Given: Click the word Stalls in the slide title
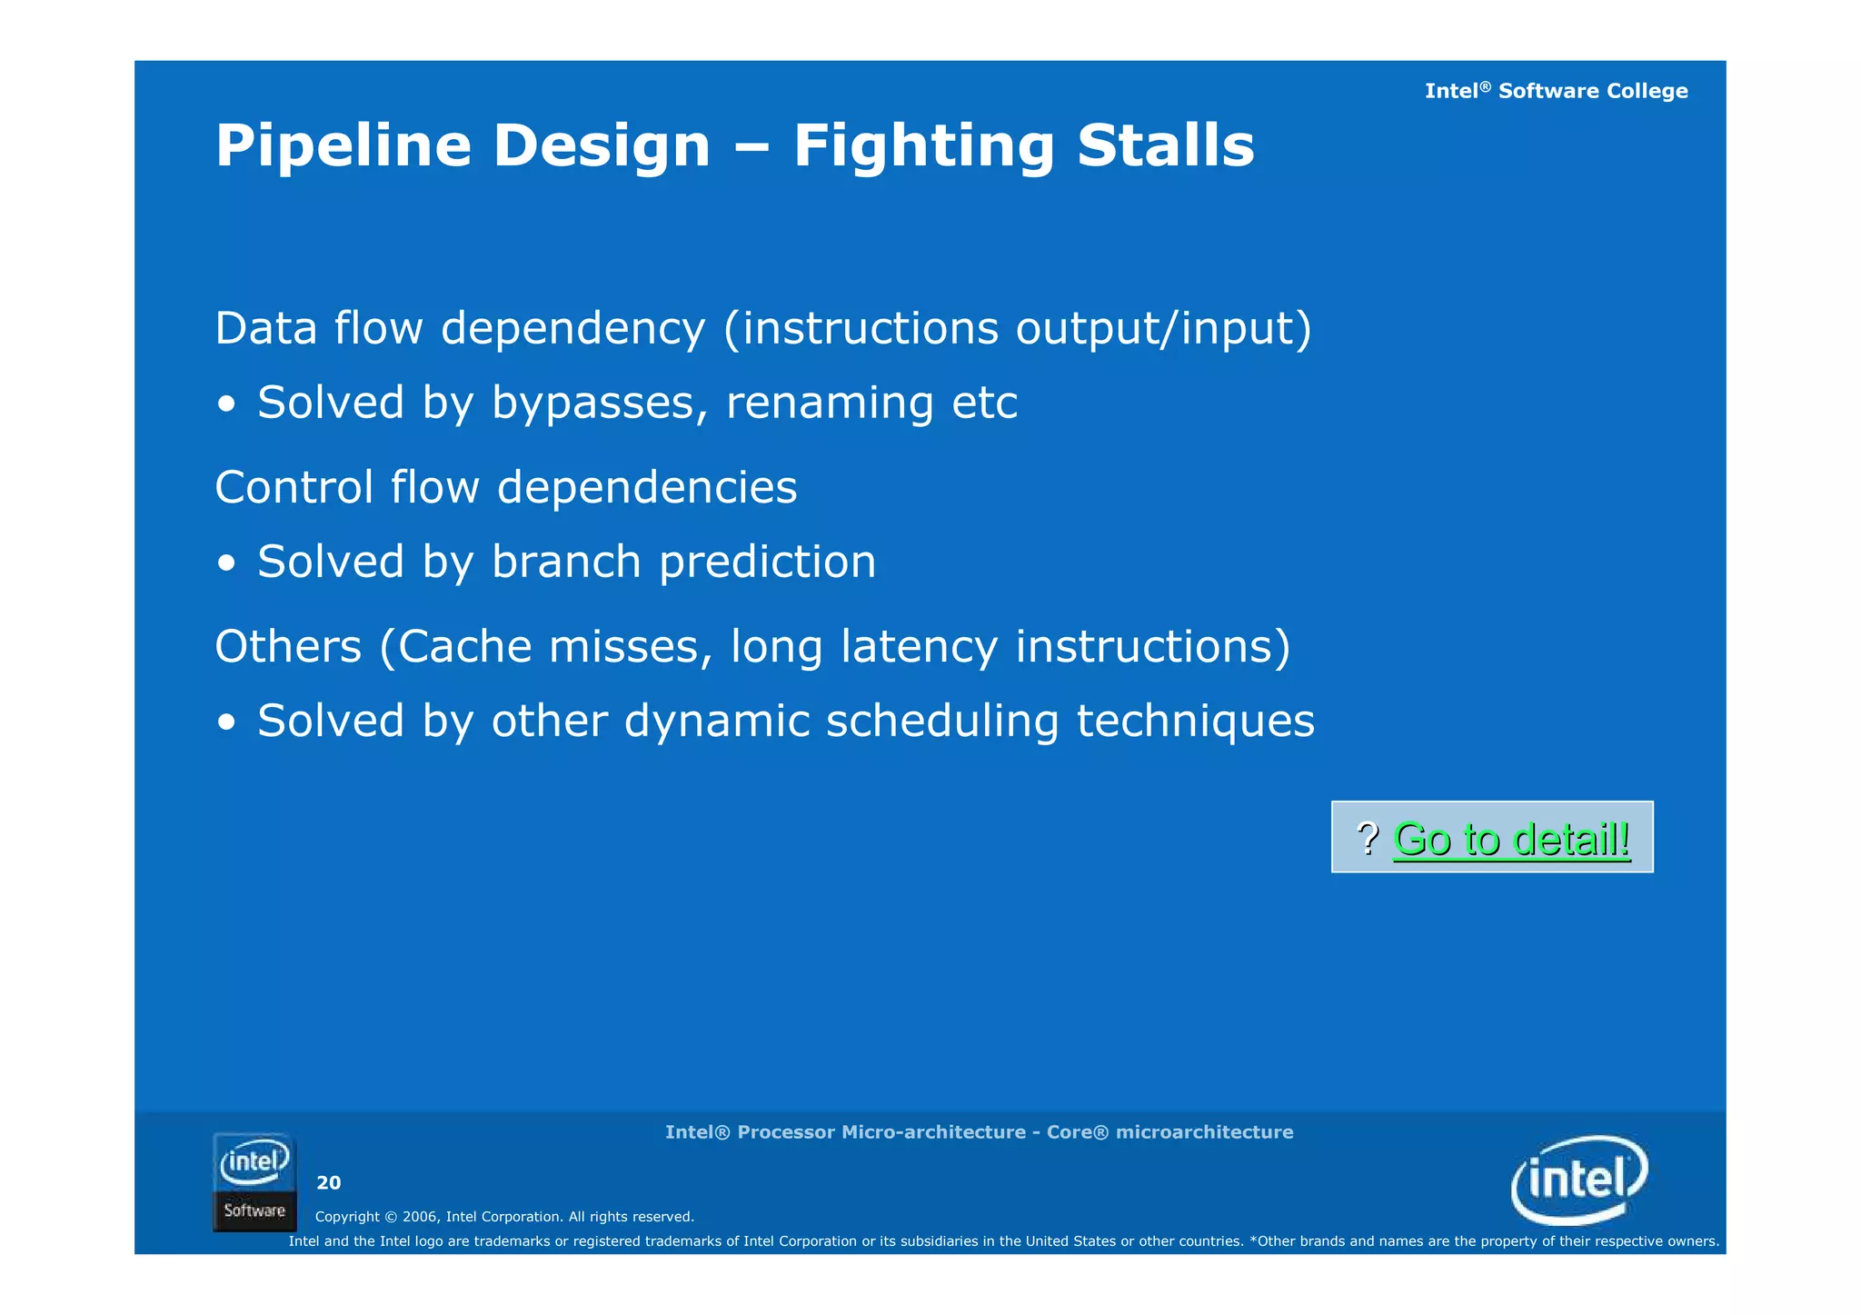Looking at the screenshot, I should pyautogui.click(x=1165, y=146).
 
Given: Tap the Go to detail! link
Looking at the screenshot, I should pyautogui.click(x=1511, y=839).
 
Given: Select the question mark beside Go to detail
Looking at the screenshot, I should pyautogui.click(x=1368, y=838).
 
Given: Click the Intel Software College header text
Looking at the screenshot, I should pyautogui.click(x=1556, y=91).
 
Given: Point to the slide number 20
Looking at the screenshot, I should pyautogui.click(x=328, y=1182).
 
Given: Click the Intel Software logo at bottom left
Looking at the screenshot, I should pyautogui.click(x=254, y=1181).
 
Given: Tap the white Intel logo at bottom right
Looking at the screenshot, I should pyautogui.click(x=1579, y=1180).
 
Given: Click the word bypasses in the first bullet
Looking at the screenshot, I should pyautogui.click(x=600, y=403).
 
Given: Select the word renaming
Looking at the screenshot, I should pyautogui.click(x=830, y=403).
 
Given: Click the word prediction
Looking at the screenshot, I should pyautogui.click(x=768, y=562).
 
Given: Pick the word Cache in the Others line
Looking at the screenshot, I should pyautogui.click(x=463, y=647).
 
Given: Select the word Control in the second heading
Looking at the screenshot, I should pyautogui.click(x=294, y=487).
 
